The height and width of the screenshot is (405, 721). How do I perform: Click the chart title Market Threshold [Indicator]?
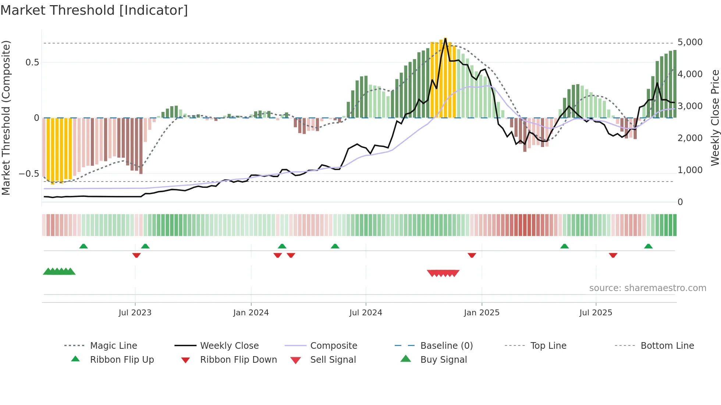pos(94,10)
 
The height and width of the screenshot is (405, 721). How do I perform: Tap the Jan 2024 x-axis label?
pos(251,313)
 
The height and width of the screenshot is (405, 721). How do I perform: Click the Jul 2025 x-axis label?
pos(596,313)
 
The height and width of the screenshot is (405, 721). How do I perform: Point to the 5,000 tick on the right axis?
pos(690,42)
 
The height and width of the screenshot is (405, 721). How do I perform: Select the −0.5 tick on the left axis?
pos(29,173)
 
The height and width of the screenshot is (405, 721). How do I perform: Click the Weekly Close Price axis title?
pos(715,118)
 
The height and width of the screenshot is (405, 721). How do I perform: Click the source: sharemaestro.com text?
pos(647,288)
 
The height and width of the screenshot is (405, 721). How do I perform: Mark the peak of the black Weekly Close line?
pos(445,39)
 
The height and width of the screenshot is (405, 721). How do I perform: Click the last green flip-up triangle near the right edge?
pos(648,246)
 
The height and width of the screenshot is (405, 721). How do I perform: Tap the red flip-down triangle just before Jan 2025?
pos(472,255)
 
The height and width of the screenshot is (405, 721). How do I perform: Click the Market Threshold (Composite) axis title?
pos(6,118)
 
